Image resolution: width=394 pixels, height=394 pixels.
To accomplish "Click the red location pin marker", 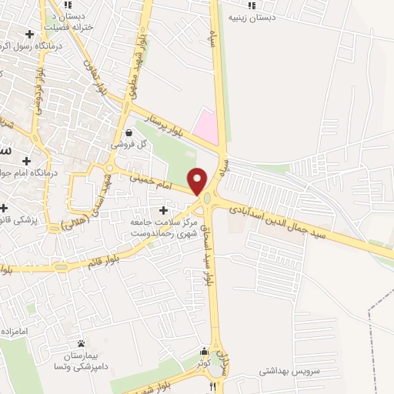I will click(199, 180).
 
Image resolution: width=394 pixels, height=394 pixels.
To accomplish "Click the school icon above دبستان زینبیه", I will click(252, 5).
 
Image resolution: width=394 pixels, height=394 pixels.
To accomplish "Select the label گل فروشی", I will click(128, 144).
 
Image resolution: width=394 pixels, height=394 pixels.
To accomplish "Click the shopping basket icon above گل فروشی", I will click(128, 132).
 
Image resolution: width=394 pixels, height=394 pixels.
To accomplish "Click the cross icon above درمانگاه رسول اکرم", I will click(29, 34).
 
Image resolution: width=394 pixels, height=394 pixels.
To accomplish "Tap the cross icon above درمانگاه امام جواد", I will click(27, 161).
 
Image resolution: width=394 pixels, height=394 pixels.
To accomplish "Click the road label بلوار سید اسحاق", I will click(205, 262).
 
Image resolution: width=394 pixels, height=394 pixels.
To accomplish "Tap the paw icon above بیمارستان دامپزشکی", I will click(81, 344).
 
